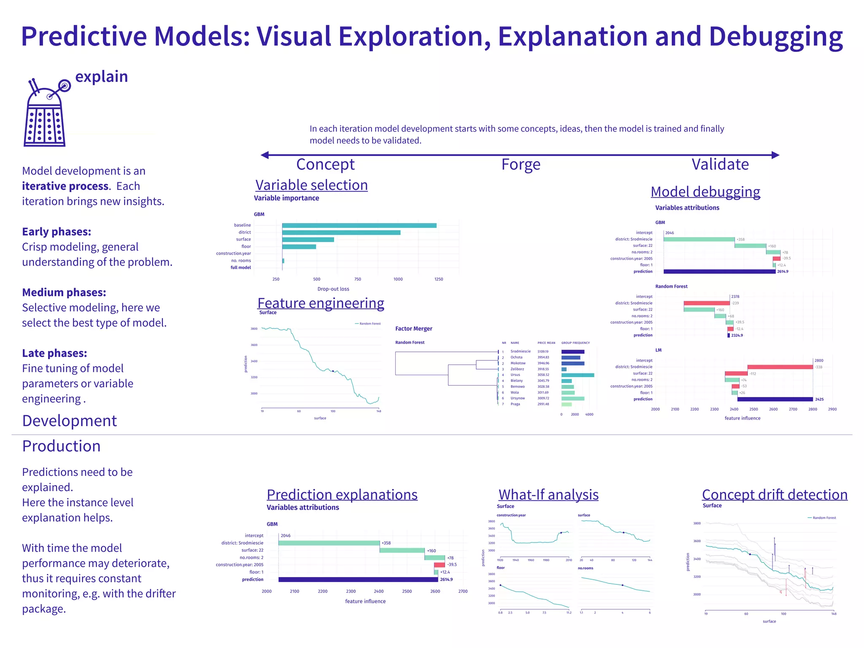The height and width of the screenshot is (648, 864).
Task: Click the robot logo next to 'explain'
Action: pos(45,113)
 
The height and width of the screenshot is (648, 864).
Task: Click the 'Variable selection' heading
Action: pos(311,185)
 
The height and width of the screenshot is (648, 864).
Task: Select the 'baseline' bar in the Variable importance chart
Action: pos(359,225)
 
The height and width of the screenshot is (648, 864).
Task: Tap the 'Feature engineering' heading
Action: pos(321,303)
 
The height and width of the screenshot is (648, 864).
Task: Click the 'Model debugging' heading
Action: pos(705,192)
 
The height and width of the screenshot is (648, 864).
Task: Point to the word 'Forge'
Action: pos(521,164)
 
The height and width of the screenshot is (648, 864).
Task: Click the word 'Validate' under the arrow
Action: pos(720,164)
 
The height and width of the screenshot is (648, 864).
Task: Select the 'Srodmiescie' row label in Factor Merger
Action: pos(521,351)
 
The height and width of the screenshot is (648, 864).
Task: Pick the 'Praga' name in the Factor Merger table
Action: pos(515,404)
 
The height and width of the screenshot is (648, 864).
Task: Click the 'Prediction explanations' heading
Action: pos(342,494)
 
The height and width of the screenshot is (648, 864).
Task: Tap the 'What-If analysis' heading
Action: pos(548,494)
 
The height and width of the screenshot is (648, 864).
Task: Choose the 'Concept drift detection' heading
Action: pos(775,494)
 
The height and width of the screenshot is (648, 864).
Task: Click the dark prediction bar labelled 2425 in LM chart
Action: pos(775,399)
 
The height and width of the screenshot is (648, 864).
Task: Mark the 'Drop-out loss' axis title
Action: pos(333,289)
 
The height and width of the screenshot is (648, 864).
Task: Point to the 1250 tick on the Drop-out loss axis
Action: pos(439,279)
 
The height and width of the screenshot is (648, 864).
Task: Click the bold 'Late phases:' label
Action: pos(54,353)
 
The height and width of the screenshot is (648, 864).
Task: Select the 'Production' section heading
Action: pos(61,446)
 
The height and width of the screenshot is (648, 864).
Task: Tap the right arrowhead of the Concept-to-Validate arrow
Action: pos(775,155)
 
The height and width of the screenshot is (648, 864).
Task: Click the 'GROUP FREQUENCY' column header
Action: pos(575,343)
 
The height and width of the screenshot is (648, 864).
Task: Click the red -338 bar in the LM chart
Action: pos(780,367)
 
